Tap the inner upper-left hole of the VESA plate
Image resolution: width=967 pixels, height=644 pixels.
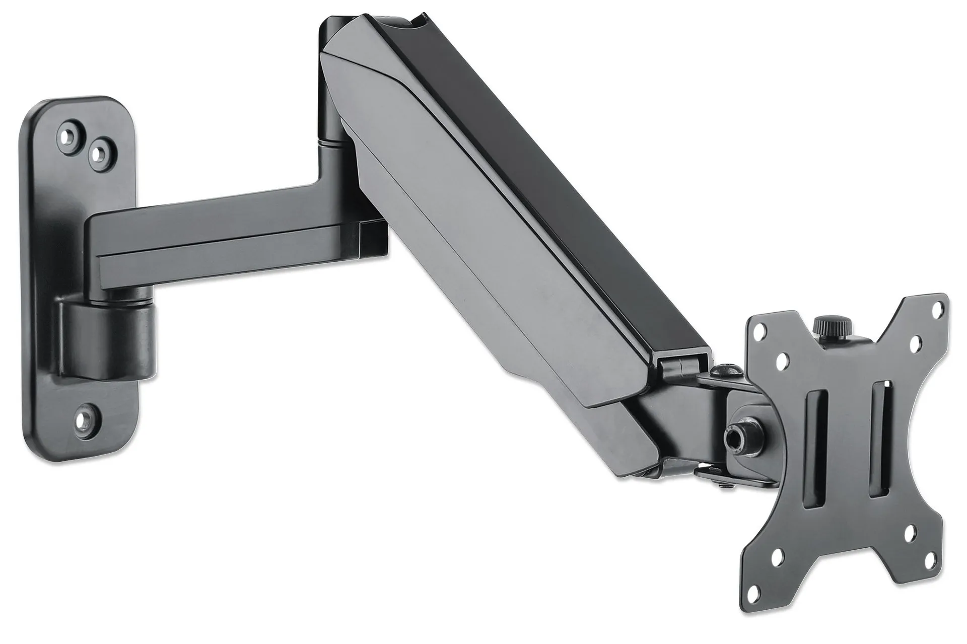(x=782, y=361)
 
